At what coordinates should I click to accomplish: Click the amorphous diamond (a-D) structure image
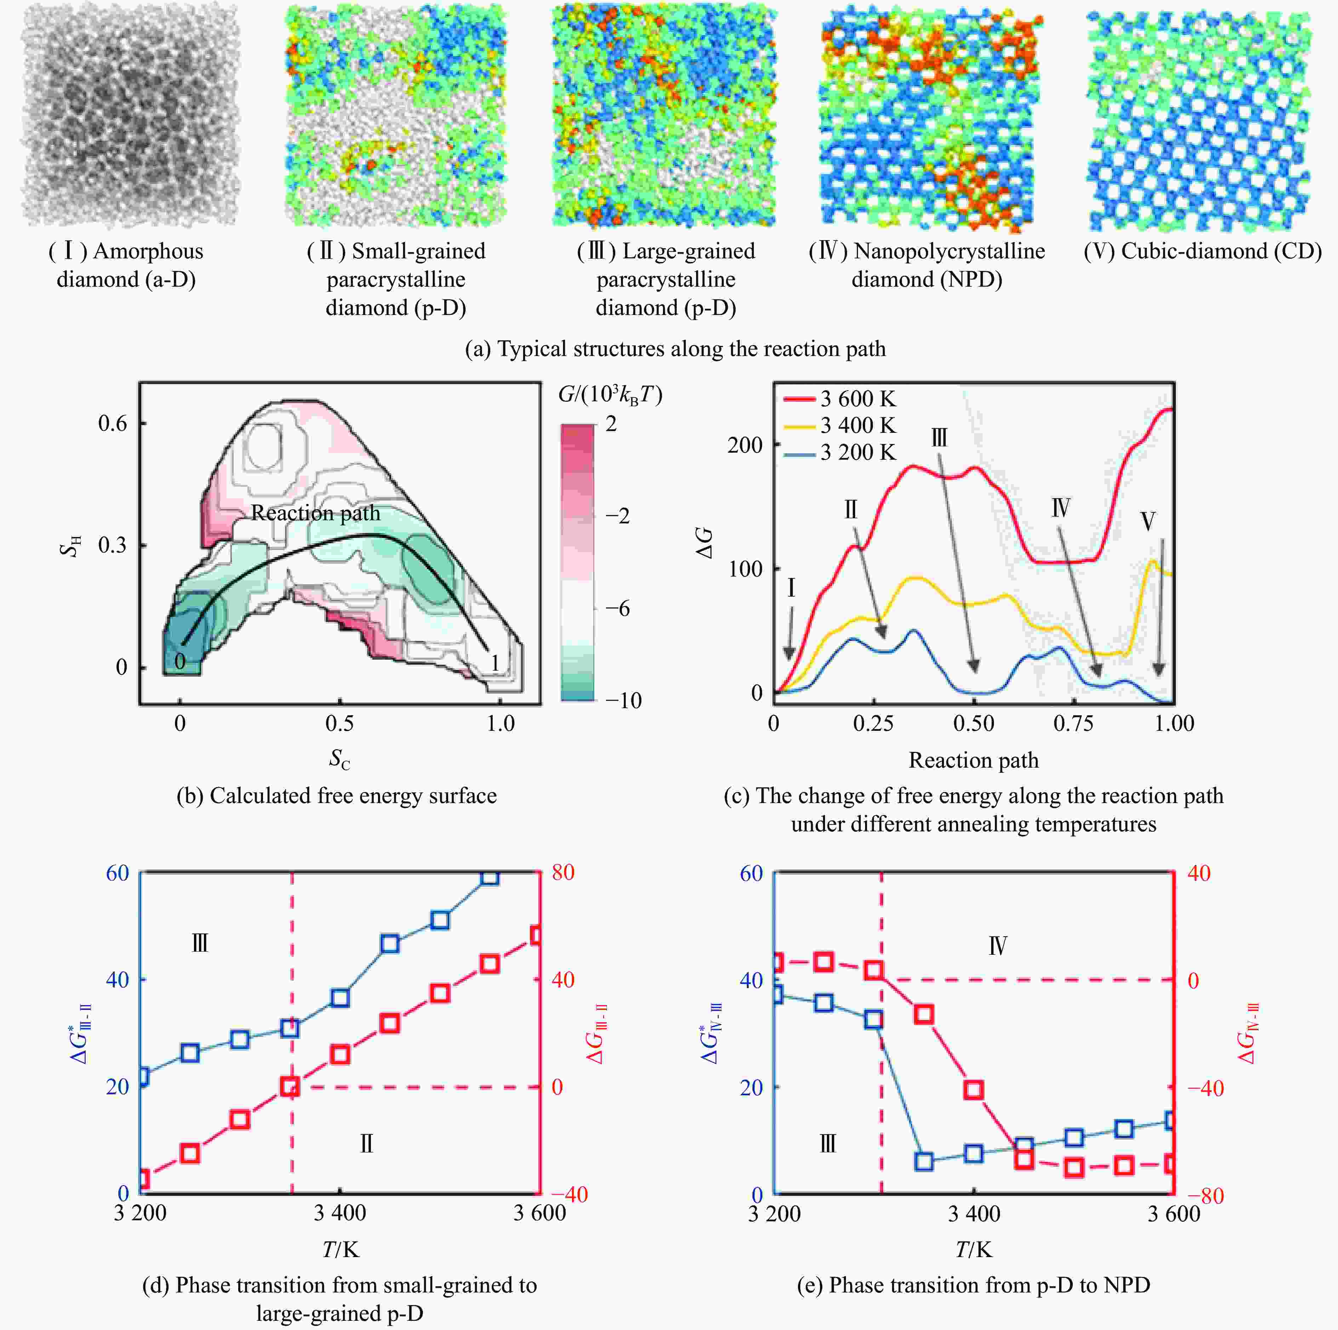(x=130, y=116)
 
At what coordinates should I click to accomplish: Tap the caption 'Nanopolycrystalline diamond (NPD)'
(x=927, y=265)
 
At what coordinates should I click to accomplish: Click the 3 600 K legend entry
(x=840, y=399)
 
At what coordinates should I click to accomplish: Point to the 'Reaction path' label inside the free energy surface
(x=316, y=513)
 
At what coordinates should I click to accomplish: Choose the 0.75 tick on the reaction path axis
(x=1074, y=724)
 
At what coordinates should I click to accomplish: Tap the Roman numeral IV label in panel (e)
(x=997, y=946)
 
